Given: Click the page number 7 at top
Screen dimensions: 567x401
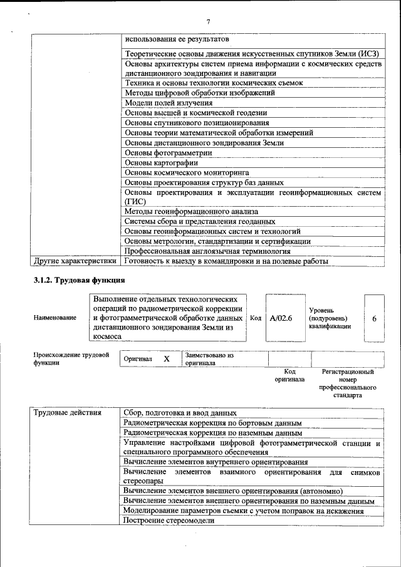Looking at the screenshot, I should (x=208, y=22).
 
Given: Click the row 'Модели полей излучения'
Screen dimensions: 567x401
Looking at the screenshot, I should (x=169, y=103).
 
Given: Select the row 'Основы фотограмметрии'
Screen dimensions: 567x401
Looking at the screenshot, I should (x=169, y=152).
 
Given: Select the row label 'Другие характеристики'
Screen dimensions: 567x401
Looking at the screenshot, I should (x=75, y=261).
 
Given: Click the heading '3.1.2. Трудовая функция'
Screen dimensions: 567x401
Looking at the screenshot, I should (x=79, y=279).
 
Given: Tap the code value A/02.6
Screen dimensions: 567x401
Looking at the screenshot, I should (x=281, y=318).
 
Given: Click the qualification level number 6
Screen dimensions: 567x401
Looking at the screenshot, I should (x=374, y=318).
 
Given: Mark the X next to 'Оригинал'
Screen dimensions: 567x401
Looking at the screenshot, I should (x=167, y=359).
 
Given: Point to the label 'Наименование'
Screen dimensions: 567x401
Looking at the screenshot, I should (x=55, y=318).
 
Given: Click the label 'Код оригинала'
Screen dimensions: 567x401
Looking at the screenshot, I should (x=289, y=375).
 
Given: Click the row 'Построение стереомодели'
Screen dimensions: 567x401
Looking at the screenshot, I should (x=169, y=521).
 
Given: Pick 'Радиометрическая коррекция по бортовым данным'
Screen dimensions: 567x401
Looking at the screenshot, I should (x=212, y=423).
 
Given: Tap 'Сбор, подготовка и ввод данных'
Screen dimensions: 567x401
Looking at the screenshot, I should (x=180, y=413).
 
